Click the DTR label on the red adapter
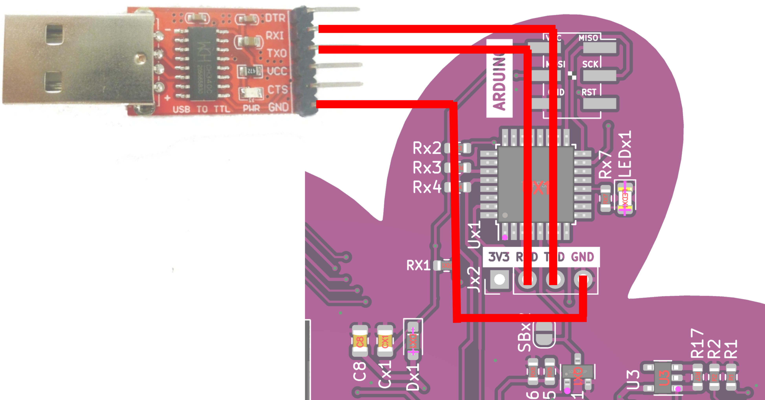pyautogui.click(x=275, y=18)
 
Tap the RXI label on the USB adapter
pyautogui.click(x=275, y=36)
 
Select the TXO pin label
pyautogui.click(x=276, y=53)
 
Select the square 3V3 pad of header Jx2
pyautogui.click(x=499, y=279)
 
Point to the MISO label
pyautogui.click(x=588, y=38)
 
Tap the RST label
pyautogui.click(x=589, y=92)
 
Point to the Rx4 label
pyautogui.click(x=427, y=187)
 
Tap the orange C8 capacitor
pyautogui.click(x=360, y=341)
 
